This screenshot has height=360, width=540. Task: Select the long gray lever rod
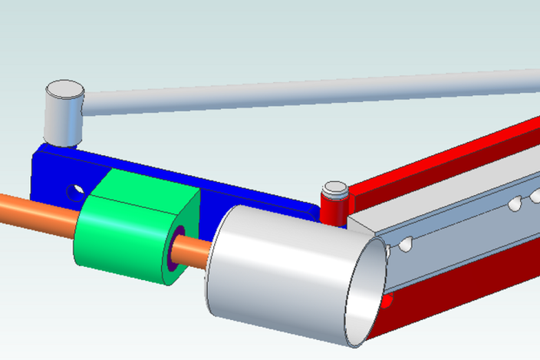[x=307, y=92]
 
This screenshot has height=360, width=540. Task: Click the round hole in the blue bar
[x=74, y=190]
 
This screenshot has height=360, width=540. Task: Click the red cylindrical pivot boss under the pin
[x=334, y=210]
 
